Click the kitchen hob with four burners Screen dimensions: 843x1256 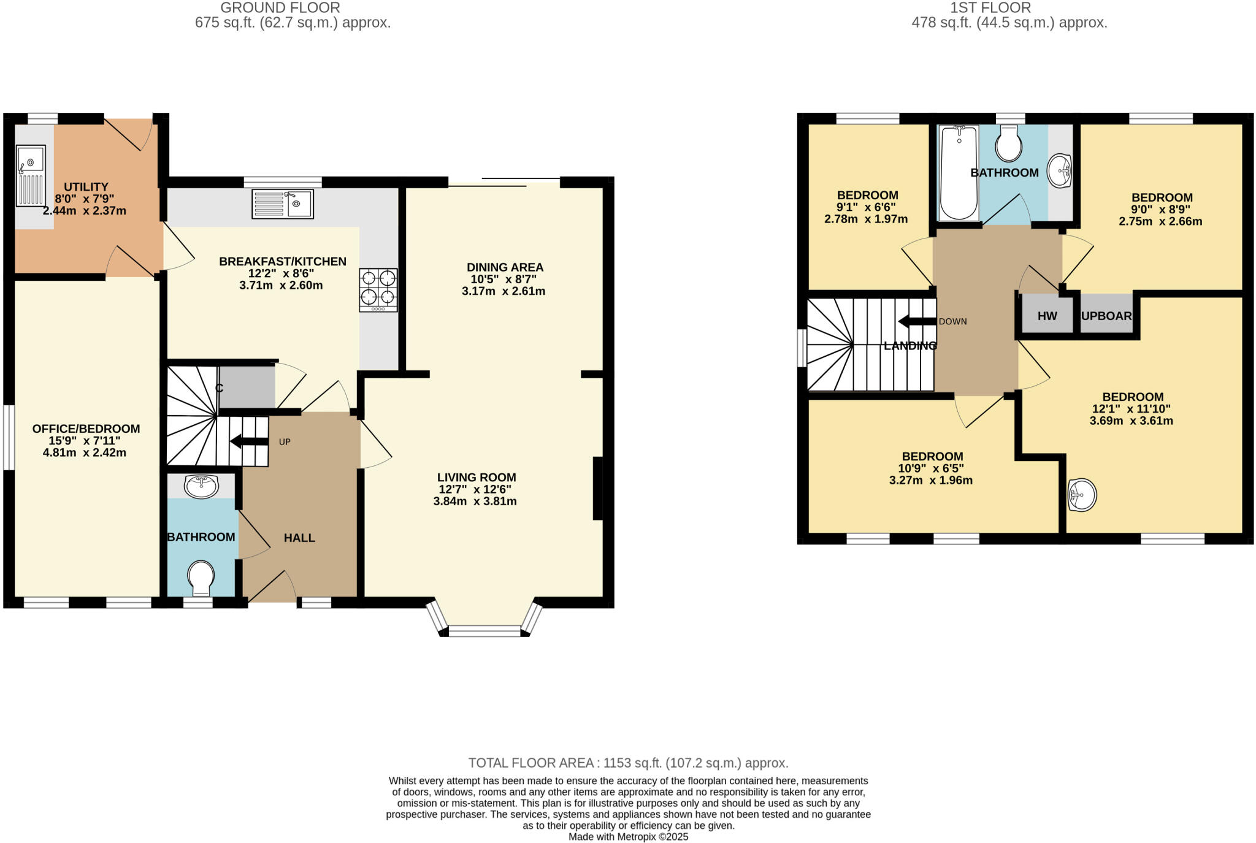click(378, 289)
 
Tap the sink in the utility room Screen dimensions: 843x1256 click(31, 175)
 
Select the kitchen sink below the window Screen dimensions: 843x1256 click(283, 204)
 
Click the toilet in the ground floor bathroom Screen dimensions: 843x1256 click(201, 578)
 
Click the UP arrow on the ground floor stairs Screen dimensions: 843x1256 click(249, 441)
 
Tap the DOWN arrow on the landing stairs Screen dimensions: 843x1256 click(917, 321)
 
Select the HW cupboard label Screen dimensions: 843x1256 click(1047, 316)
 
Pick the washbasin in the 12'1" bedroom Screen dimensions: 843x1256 click(1082, 495)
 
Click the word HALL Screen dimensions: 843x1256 click(299, 538)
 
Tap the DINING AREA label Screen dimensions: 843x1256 click(505, 267)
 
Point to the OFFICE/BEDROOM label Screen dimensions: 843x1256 click(86, 429)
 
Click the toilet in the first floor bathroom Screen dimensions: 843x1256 click(1008, 145)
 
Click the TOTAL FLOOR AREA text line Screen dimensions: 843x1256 click(628, 763)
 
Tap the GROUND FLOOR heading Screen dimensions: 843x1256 click(280, 8)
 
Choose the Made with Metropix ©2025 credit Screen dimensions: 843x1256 click(628, 837)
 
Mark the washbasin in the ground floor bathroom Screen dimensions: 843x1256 click(201, 486)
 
